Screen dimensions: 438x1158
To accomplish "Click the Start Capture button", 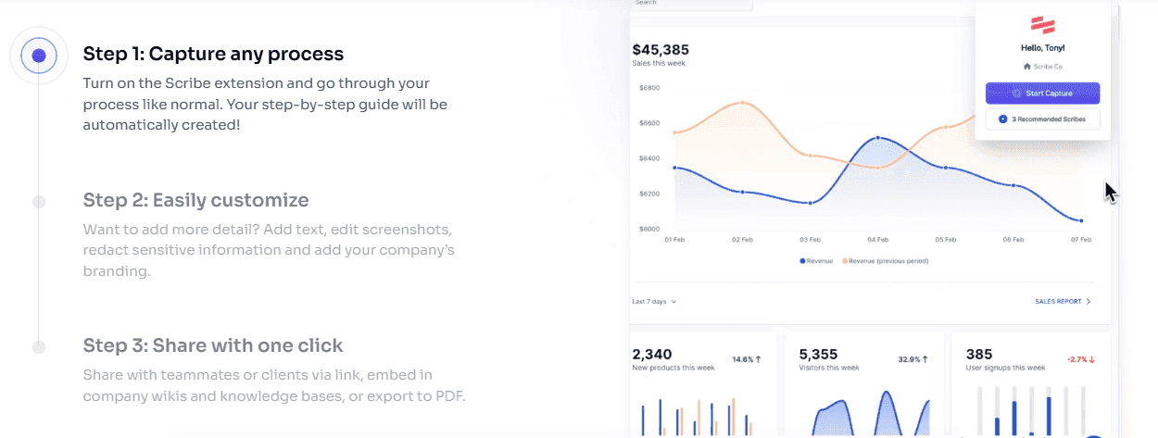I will [x=1042, y=93].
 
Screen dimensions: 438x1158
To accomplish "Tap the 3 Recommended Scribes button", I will [x=1042, y=119].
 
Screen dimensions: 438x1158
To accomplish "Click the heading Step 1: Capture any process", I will [x=213, y=54].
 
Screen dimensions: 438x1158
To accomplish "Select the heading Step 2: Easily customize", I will [x=195, y=200].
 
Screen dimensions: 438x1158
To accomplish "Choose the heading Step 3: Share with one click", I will [x=213, y=345].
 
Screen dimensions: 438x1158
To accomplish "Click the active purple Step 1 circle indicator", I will [x=39, y=56].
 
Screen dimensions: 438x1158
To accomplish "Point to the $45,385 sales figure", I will [x=661, y=49].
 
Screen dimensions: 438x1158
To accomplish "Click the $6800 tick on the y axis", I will [x=648, y=88].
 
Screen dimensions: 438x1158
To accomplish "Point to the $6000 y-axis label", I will [x=648, y=229].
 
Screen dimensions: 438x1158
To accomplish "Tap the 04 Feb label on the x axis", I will [x=877, y=240].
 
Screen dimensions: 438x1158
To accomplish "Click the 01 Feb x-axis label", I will [x=674, y=240].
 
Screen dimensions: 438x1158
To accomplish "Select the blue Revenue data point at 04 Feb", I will [x=877, y=138].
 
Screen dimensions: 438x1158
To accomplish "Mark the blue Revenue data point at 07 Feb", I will [x=1080, y=220].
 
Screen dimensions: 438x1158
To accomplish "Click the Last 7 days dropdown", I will [x=654, y=301].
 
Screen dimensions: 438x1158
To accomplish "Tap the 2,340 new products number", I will [x=652, y=354].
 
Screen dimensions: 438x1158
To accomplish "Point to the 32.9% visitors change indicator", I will [x=913, y=358].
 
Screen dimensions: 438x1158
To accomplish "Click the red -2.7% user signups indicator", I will [x=1080, y=358].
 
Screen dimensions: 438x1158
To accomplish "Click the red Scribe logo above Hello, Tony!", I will [x=1042, y=24].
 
